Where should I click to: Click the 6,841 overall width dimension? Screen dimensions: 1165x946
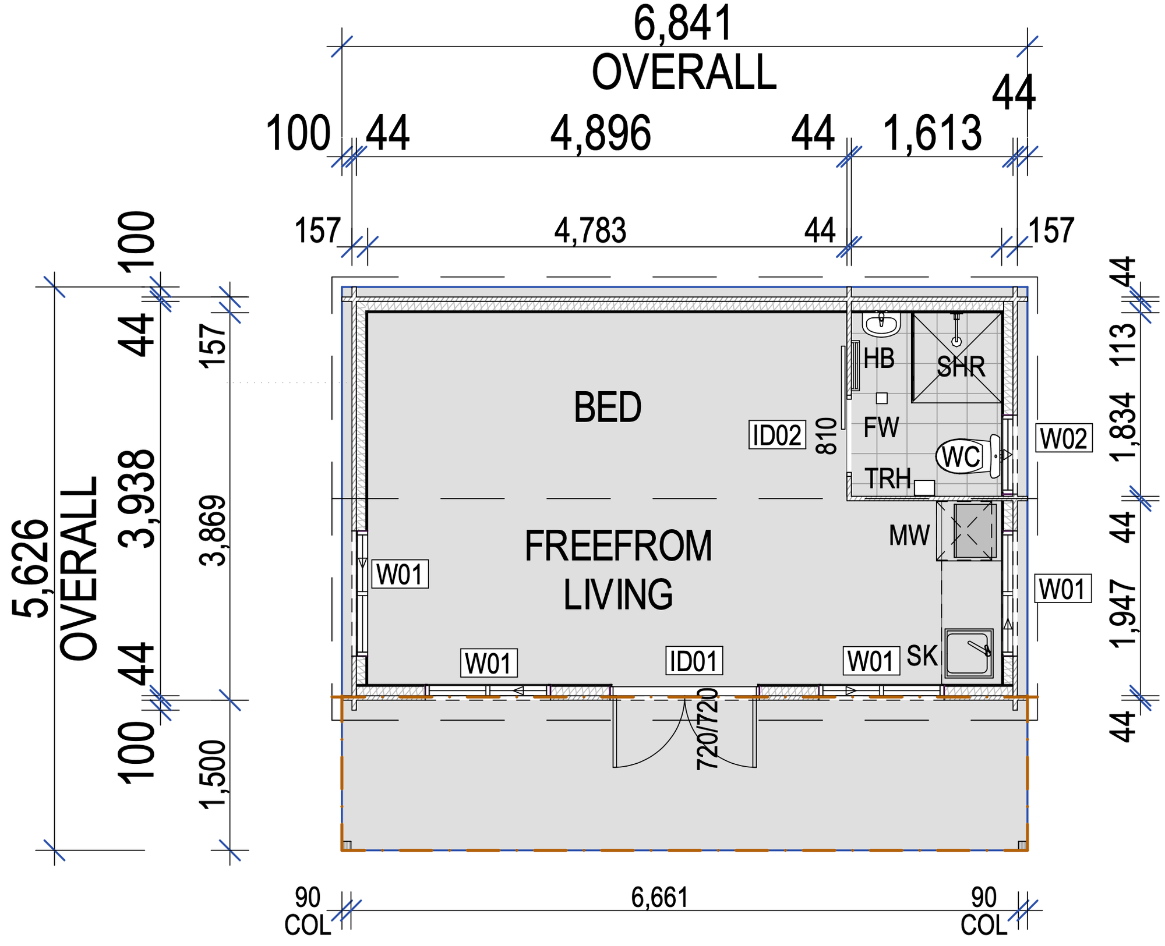tap(683, 24)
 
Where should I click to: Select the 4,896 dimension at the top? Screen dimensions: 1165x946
tap(601, 134)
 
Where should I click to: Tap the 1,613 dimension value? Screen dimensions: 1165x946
tap(933, 134)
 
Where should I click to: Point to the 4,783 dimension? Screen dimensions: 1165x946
tap(590, 231)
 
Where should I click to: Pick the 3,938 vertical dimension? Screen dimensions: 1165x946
tap(137, 499)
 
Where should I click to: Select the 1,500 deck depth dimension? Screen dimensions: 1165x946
tap(212, 774)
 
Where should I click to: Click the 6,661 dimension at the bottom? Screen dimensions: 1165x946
tap(659, 898)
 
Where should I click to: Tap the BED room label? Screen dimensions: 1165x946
tap(608, 407)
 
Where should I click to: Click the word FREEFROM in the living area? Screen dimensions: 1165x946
tap(618, 546)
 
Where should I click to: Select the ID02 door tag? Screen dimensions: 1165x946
tap(777, 435)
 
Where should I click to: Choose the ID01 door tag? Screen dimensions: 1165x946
tap(694, 661)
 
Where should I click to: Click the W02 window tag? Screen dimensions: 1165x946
tap(1064, 438)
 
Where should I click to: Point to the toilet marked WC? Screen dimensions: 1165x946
tap(970, 456)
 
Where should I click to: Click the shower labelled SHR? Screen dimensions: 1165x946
tap(956, 357)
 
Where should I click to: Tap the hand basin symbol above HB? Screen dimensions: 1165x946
tap(881, 324)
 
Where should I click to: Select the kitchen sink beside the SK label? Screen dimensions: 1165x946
tap(968, 653)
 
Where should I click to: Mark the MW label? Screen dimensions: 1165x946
tap(909, 536)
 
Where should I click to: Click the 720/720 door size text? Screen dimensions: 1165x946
tap(708, 729)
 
